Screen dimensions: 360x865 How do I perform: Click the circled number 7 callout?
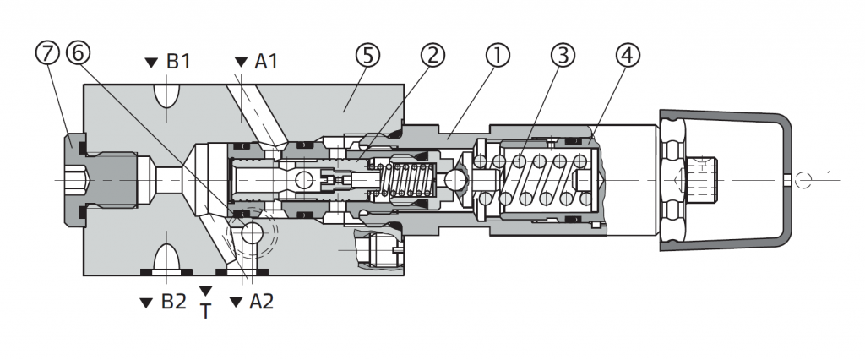click(x=47, y=54)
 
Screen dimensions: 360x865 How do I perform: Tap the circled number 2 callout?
click(x=432, y=56)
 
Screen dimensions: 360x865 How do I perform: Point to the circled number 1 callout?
click(x=498, y=56)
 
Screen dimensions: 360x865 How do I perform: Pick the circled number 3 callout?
click(x=563, y=56)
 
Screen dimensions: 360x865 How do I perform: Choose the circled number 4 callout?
click(x=628, y=56)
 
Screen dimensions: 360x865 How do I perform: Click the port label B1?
click(x=178, y=62)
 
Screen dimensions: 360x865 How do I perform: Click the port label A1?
click(x=266, y=62)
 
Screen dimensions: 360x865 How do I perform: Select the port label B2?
click(x=173, y=302)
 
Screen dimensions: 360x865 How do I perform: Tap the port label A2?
click(x=261, y=302)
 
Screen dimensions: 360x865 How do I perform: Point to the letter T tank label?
click(x=204, y=312)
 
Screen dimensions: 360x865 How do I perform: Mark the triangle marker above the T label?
click(x=204, y=292)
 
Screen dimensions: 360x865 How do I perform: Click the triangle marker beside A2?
click(x=236, y=302)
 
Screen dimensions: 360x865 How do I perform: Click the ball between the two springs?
click(x=457, y=179)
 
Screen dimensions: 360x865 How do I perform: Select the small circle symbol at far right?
click(x=803, y=179)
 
